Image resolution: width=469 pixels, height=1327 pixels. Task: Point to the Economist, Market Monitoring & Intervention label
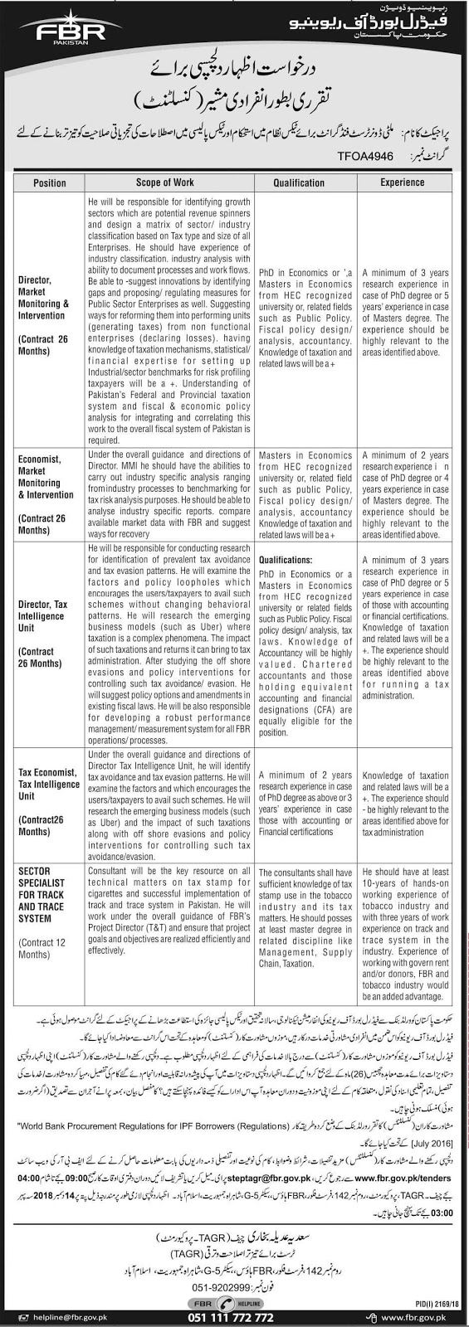coord(46,478)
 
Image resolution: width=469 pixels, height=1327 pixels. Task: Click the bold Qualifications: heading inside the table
coord(286,560)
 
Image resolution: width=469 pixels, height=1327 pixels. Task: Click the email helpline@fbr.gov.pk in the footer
coord(55,1315)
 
